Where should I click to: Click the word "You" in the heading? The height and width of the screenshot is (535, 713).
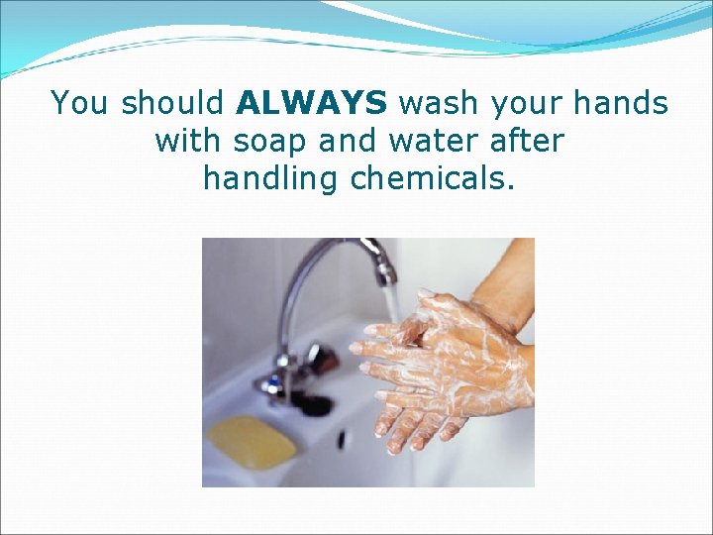tap(80, 103)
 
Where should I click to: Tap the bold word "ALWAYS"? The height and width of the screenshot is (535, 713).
tap(313, 103)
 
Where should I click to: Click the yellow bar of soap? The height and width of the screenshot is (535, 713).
tap(251, 440)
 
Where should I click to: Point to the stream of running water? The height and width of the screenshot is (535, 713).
tap(391, 302)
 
